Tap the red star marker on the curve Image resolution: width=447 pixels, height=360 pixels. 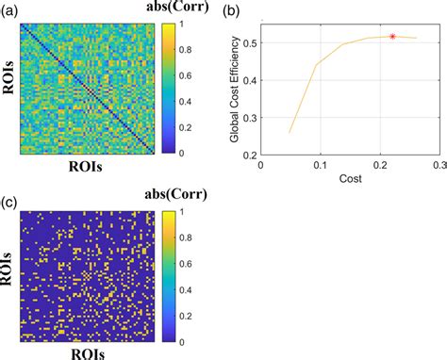tap(392, 36)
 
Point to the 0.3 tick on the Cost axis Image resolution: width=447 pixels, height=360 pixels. tap(438, 162)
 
